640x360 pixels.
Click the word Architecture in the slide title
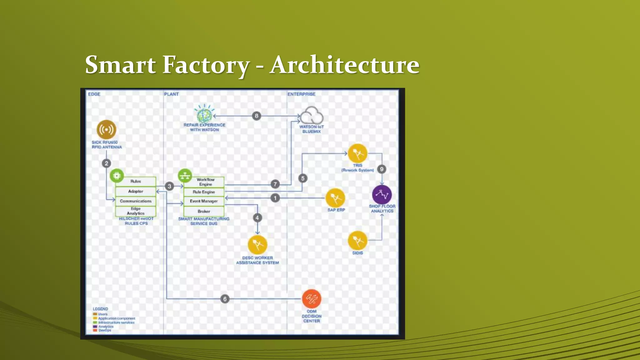[x=344, y=65]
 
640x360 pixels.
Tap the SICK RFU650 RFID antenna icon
[x=106, y=129]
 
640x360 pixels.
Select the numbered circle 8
[x=257, y=116]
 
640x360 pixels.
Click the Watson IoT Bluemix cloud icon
[x=312, y=115]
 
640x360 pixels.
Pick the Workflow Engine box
[x=205, y=182]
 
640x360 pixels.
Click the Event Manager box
[x=204, y=201]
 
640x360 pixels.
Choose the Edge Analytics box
[x=136, y=211]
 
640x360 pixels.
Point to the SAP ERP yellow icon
[x=335, y=198]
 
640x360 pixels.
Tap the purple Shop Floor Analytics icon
[x=382, y=194]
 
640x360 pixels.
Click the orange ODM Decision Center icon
[x=312, y=299]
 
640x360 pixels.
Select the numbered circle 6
[x=225, y=299]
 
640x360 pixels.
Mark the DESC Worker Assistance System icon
[x=257, y=244]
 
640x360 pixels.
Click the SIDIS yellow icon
[x=357, y=240]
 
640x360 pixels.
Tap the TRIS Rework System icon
[x=357, y=153]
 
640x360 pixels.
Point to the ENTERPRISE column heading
[x=302, y=94]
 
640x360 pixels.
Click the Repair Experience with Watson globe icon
[x=204, y=114]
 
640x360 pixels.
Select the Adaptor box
[x=136, y=191]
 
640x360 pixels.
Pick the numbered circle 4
[x=257, y=218]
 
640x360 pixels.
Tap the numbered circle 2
[x=107, y=163]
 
